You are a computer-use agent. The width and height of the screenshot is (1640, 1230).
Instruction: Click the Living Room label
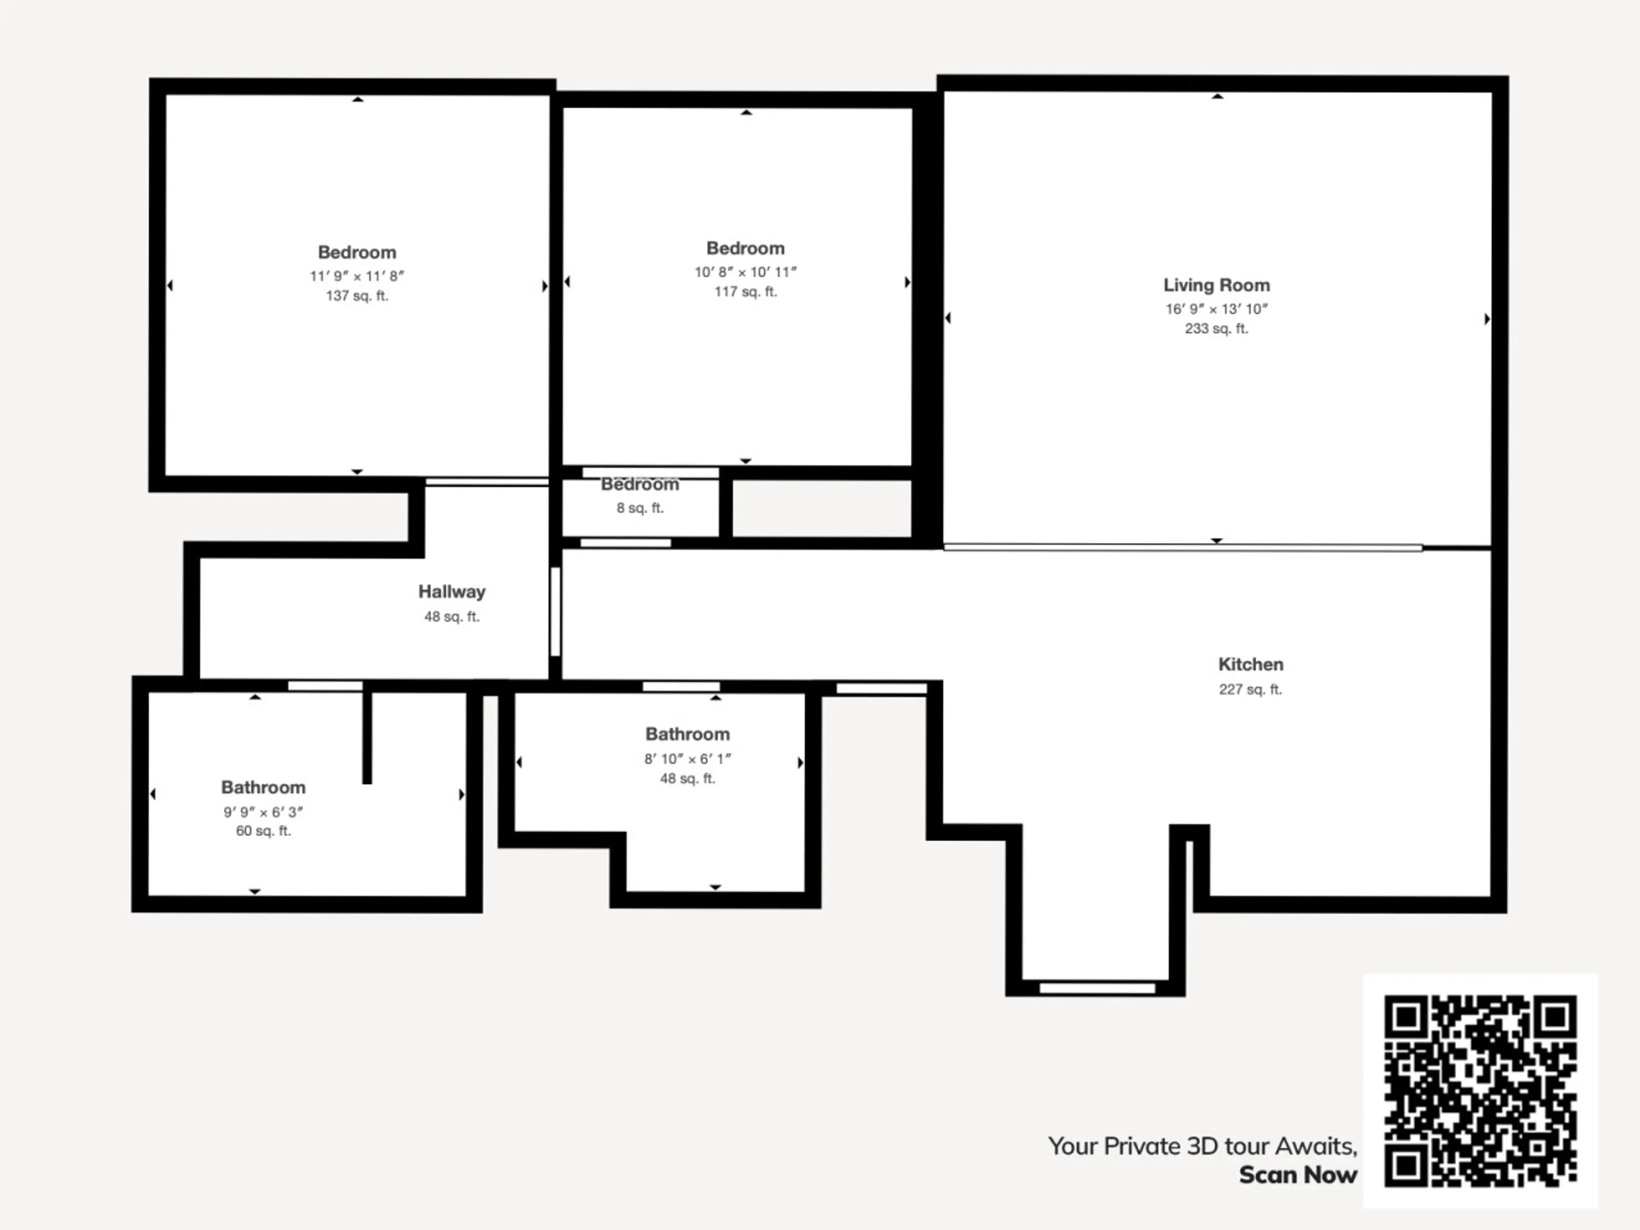(1216, 285)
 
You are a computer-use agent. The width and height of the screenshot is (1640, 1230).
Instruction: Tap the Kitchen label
(1251, 664)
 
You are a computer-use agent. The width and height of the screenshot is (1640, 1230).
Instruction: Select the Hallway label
(451, 592)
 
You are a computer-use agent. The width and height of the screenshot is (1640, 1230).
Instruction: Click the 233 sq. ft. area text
(1216, 328)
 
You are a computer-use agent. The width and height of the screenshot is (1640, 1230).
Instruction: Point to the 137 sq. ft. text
(357, 296)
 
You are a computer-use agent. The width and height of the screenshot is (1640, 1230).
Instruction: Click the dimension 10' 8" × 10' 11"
(745, 272)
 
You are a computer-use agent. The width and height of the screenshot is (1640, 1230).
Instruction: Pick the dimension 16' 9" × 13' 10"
(1216, 309)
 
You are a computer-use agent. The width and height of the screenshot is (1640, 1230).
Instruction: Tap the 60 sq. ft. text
(263, 831)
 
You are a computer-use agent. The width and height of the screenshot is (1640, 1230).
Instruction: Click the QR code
(1480, 1091)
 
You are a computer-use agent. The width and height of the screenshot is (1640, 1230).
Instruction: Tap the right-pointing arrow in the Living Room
(1487, 319)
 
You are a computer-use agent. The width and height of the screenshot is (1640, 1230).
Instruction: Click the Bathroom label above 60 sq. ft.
(263, 788)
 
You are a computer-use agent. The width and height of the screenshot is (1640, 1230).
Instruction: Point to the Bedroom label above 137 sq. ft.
(357, 252)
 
